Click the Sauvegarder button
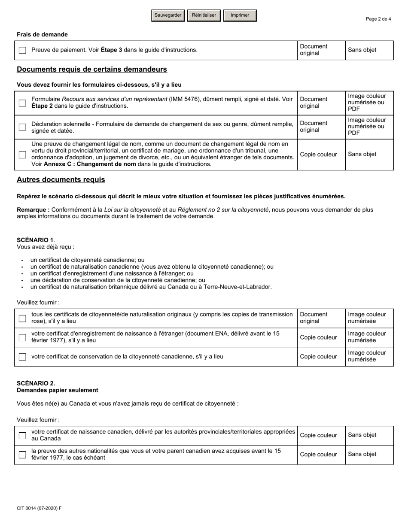pyautogui.click(x=168, y=15)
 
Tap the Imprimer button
pyautogui.click(x=240, y=15)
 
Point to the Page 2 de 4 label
pyautogui.click(x=378, y=19)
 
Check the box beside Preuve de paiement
pyautogui.click(x=22, y=50)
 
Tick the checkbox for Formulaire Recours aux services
pyautogui.click(x=22, y=103)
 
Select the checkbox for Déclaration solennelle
pyautogui.click(x=22, y=127)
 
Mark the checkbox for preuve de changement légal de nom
pyautogui.click(x=22, y=155)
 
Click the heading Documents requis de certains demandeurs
pyautogui.click(x=91, y=70)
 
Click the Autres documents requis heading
pyautogui.click(x=61, y=180)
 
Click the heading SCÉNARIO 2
pyautogui.click(x=36, y=383)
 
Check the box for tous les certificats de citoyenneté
pyautogui.click(x=22, y=318)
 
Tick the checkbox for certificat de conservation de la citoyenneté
pyautogui.click(x=22, y=357)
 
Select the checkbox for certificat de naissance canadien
pyautogui.click(x=22, y=435)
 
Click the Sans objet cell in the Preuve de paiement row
pyautogui.click(x=362, y=50)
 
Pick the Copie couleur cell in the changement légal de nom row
pyautogui.click(x=318, y=155)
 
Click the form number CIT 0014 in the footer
pyautogui.click(x=39, y=508)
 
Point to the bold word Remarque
pyautogui.click(x=33, y=210)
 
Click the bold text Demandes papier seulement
pyautogui.click(x=57, y=390)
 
